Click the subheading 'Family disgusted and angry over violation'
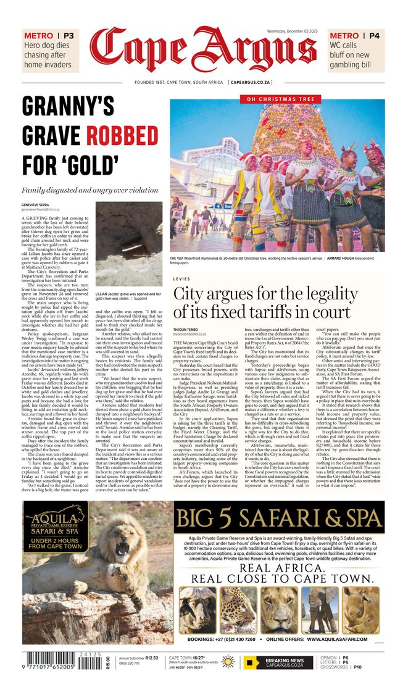[90, 190]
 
